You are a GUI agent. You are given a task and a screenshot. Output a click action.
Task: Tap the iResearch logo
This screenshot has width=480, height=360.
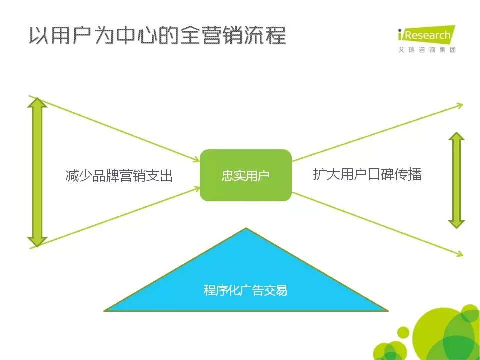(x=426, y=34)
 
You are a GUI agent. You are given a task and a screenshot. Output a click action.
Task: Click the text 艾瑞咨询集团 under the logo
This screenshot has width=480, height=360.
(x=427, y=50)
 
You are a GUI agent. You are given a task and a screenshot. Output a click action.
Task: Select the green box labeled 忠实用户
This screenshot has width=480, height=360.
(x=246, y=175)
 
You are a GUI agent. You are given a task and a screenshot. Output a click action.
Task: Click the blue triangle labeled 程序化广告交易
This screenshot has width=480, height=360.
(x=246, y=284)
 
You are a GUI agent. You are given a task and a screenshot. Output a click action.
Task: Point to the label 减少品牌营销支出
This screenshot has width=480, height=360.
(x=119, y=175)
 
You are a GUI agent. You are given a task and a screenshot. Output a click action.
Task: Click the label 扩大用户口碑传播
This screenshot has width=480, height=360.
(x=367, y=174)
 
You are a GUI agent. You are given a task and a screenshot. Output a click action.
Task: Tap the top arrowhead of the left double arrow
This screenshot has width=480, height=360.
(x=37, y=103)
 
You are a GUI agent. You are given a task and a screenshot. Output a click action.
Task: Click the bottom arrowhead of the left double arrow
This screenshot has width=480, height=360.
(x=37, y=242)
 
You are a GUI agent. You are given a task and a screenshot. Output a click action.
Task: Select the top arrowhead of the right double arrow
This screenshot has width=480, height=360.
(x=456, y=136)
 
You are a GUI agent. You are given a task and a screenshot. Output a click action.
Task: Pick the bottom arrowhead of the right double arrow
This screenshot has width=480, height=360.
(x=456, y=224)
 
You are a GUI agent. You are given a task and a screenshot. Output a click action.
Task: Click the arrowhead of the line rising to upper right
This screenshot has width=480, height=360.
(x=460, y=105)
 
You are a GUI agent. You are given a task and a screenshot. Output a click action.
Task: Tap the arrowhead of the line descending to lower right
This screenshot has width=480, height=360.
(x=460, y=254)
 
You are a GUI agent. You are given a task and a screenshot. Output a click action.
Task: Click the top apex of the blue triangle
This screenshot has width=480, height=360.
(x=246, y=228)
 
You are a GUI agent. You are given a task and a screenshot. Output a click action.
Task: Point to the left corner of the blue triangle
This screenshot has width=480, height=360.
(x=104, y=311)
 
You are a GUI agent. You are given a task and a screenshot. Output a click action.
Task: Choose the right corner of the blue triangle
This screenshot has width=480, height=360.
(x=388, y=311)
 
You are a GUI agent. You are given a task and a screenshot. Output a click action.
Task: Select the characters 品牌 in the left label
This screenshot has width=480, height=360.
(x=105, y=175)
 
